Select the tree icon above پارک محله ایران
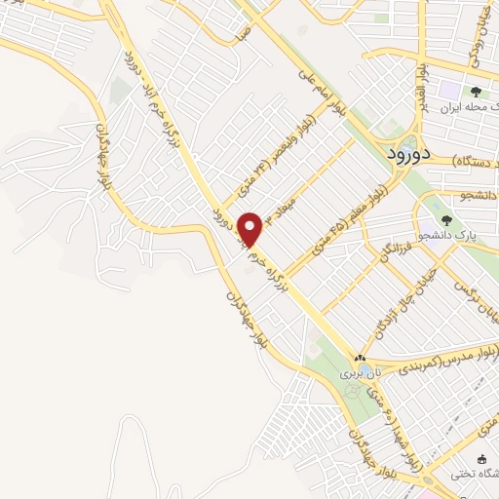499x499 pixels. coord(475,92)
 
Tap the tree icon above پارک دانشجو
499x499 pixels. coord(445,219)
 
